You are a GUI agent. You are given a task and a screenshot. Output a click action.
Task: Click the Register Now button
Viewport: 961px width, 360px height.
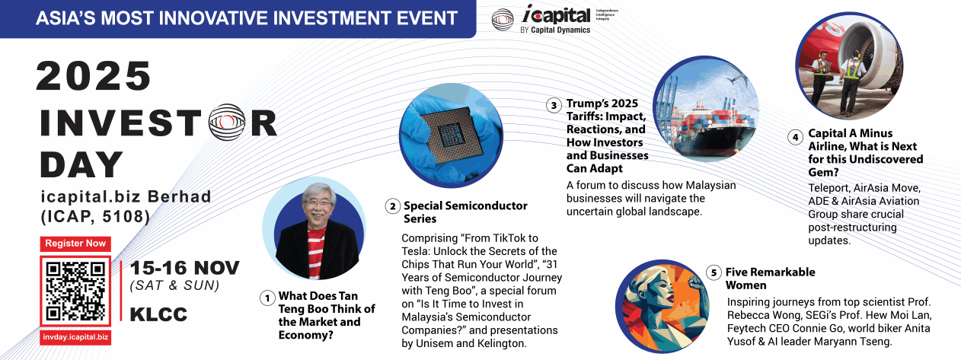(x=75, y=244)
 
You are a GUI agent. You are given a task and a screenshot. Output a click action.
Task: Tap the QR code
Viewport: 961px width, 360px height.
(x=75, y=292)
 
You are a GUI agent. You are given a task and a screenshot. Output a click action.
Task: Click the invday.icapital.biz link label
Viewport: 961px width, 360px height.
(x=75, y=337)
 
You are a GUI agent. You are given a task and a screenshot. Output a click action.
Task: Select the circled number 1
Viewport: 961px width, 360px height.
(x=267, y=298)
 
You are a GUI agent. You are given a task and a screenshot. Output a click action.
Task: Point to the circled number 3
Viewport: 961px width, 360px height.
(x=554, y=106)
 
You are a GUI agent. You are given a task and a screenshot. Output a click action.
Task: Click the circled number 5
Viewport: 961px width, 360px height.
(x=714, y=272)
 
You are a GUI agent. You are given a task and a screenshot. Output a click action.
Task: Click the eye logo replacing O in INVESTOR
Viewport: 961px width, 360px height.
(x=227, y=122)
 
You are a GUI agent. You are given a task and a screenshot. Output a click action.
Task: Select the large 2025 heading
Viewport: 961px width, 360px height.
(x=94, y=76)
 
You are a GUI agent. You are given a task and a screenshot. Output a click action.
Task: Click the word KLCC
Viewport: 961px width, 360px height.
(x=158, y=314)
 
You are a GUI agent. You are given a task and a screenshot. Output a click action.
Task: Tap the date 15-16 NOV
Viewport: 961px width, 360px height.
(x=184, y=268)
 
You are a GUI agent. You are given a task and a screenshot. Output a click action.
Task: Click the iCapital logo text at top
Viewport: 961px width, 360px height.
(x=556, y=15)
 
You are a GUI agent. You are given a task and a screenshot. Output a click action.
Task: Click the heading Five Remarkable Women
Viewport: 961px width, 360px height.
(x=770, y=279)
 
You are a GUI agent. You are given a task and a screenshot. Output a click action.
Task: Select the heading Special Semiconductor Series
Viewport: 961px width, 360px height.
(x=465, y=212)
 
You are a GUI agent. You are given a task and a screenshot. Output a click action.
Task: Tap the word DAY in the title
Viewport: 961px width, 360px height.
(x=81, y=164)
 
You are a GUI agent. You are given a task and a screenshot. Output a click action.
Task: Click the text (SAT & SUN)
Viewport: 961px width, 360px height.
(x=174, y=285)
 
